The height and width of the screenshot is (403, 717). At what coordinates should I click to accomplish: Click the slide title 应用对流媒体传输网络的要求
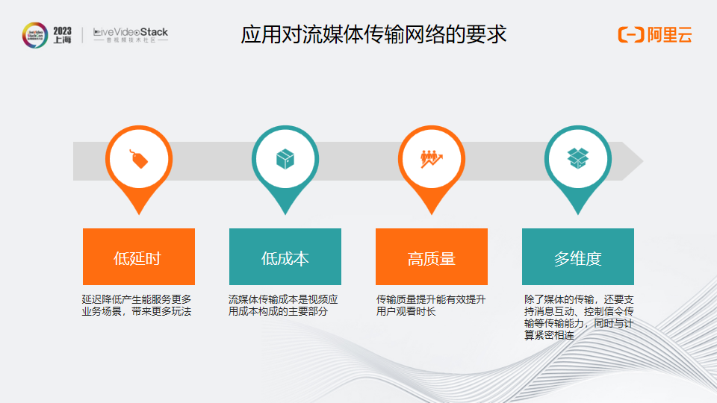373,35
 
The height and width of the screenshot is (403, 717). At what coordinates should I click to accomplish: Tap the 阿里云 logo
654,34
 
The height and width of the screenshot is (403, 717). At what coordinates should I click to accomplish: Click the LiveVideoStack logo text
131,34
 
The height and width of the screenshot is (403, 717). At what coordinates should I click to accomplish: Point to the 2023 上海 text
62,35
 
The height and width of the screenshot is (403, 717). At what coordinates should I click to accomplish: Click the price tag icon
139,158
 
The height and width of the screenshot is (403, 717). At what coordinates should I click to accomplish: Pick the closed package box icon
285,158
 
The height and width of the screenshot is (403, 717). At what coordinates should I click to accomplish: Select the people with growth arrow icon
432,158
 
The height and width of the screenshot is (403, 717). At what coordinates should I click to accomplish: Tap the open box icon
578,158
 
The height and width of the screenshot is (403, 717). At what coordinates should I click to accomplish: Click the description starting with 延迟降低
137,305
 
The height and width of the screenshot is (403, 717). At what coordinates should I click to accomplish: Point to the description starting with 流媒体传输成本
283,305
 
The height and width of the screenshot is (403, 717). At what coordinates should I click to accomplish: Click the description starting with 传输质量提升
431,305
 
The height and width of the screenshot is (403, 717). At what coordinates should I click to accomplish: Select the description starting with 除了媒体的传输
579,317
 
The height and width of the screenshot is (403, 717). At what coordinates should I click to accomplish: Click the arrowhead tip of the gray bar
642,160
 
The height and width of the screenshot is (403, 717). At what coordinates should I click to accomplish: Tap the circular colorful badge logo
35,35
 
